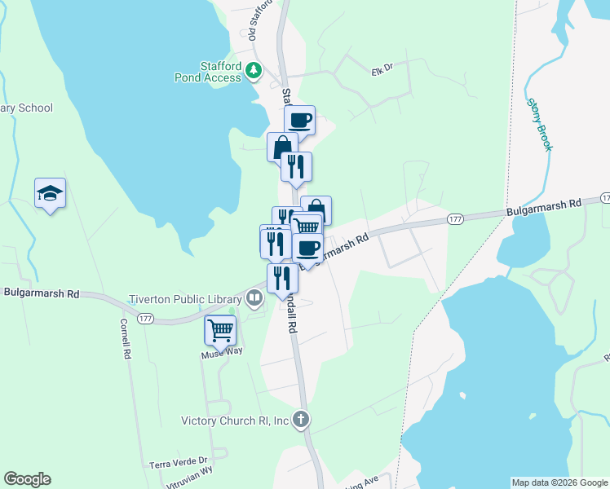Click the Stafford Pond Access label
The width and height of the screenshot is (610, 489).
pyautogui.click(x=220, y=72)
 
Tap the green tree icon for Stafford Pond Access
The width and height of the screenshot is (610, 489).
pyautogui.click(x=254, y=72)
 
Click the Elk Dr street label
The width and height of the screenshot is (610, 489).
pyautogui.click(x=382, y=69)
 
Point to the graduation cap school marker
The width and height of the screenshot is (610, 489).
pyautogui.click(x=50, y=193)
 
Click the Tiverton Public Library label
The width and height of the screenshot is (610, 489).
pyautogui.click(x=186, y=298)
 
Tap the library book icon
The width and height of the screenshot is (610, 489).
pyautogui.click(x=255, y=298)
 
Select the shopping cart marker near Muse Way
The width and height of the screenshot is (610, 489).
pyautogui.click(x=220, y=330)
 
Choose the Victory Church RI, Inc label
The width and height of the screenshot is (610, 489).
pyautogui.click(x=235, y=421)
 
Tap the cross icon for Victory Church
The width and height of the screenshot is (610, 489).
pyautogui.click(x=301, y=421)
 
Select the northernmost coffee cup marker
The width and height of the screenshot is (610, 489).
pyautogui.click(x=299, y=121)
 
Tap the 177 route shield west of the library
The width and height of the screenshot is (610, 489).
pyautogui.click(x=146, y=317)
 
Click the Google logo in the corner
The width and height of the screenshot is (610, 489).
pyautogui.click(x=28, y=479)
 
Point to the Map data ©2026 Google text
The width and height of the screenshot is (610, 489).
pyautogui.click(x=559, y=482)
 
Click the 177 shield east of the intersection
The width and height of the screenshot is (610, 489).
pyautogui.click(x=455, y=218)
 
